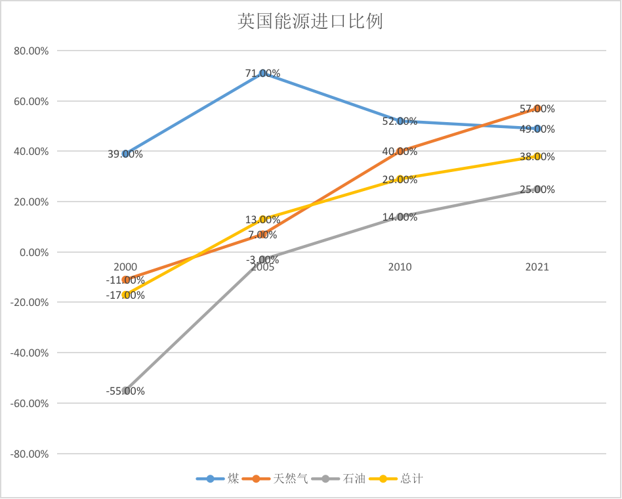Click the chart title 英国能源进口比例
click(x=310, y=22)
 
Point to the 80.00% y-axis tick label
click(x=30, y=51)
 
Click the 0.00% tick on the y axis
click(x=33, y=252)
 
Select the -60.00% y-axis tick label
click(x=29, y=403)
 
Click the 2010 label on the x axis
click(x=400, y=267)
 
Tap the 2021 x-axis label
click(x=537, y=267)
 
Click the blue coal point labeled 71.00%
click(x=263, y=74)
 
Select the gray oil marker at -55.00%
click(x=125, y=391)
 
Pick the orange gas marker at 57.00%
click(x=537, y=108)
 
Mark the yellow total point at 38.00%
click(x=537, y=156)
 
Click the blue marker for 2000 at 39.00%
click(x=125, y=154)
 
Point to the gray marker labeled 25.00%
click(x=537, y=189)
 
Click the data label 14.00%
click(x=400, y=217)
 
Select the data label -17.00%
click(x=125, y=295)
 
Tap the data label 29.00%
click(x=400, y=179)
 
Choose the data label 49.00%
click(x=537, y=129)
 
